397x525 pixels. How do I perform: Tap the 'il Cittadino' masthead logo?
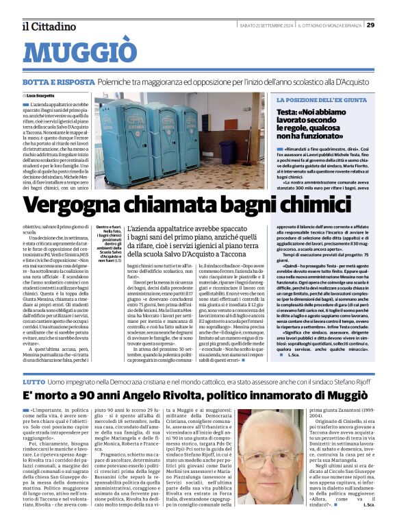coord(49,26)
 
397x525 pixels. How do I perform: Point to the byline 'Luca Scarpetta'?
coord(42,95)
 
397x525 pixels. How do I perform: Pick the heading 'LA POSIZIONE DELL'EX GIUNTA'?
coord(322,100)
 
